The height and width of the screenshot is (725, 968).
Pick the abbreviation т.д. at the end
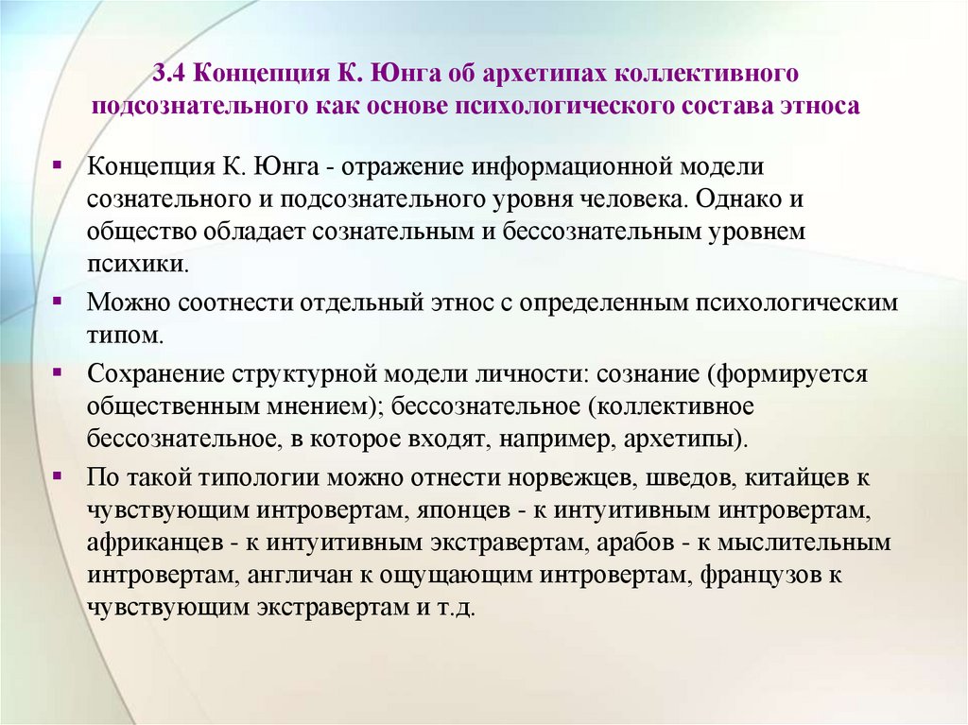tap(463, 607)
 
